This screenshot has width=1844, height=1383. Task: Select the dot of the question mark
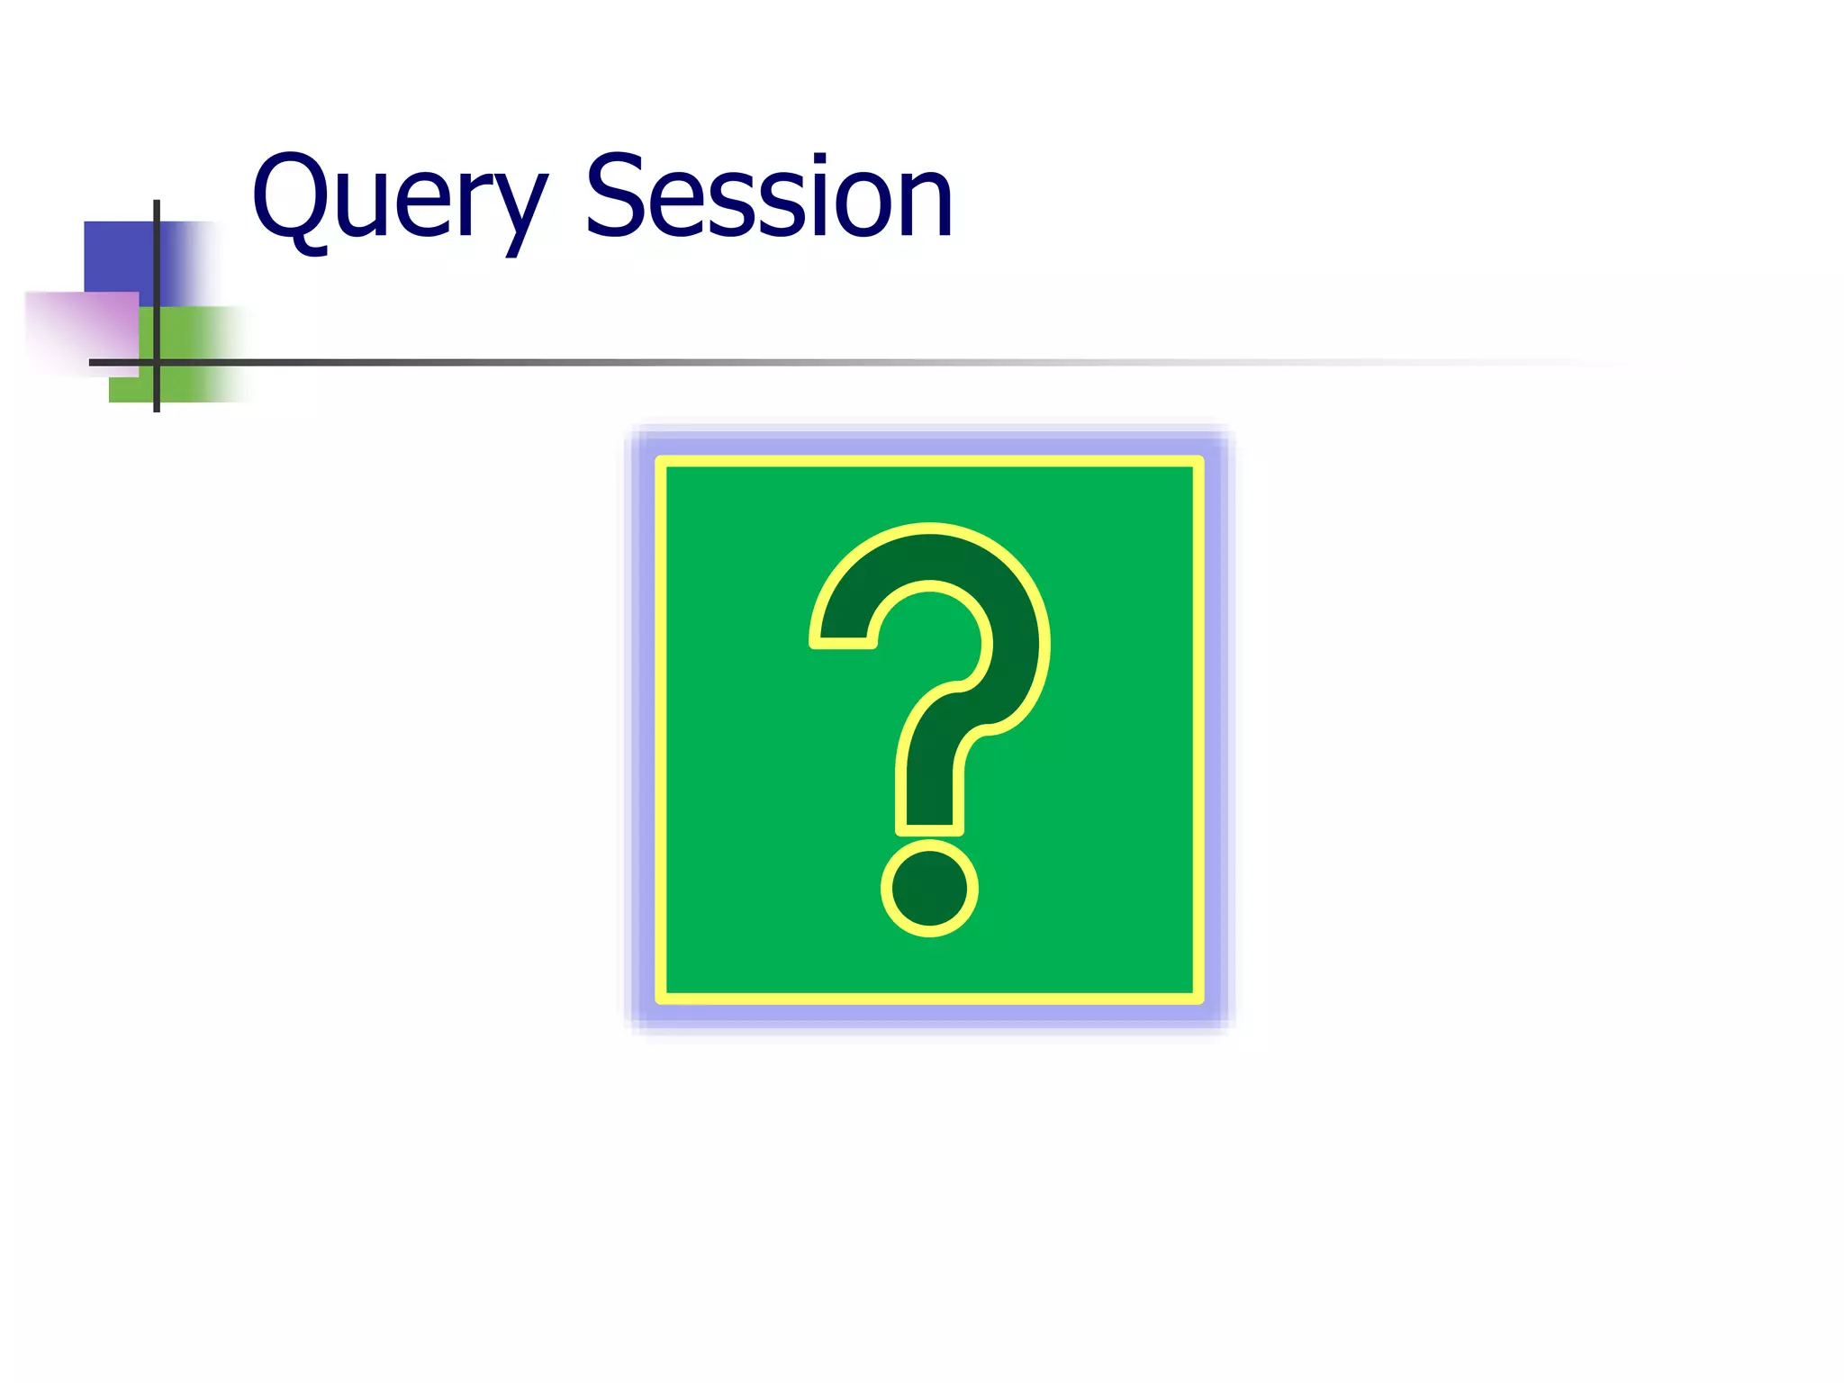click(929, 889)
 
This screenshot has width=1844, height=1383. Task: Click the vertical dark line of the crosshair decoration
click(157, 270)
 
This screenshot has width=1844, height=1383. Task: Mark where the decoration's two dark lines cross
click(157, 362)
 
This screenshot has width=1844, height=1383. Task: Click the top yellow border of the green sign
click(929, 462)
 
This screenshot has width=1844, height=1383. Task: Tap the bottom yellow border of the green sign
click(929, 998)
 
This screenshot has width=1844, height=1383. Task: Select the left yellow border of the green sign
click(661, 729)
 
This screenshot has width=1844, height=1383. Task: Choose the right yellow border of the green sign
click(1198, 729)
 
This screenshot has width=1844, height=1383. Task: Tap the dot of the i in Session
click(819, 159)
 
